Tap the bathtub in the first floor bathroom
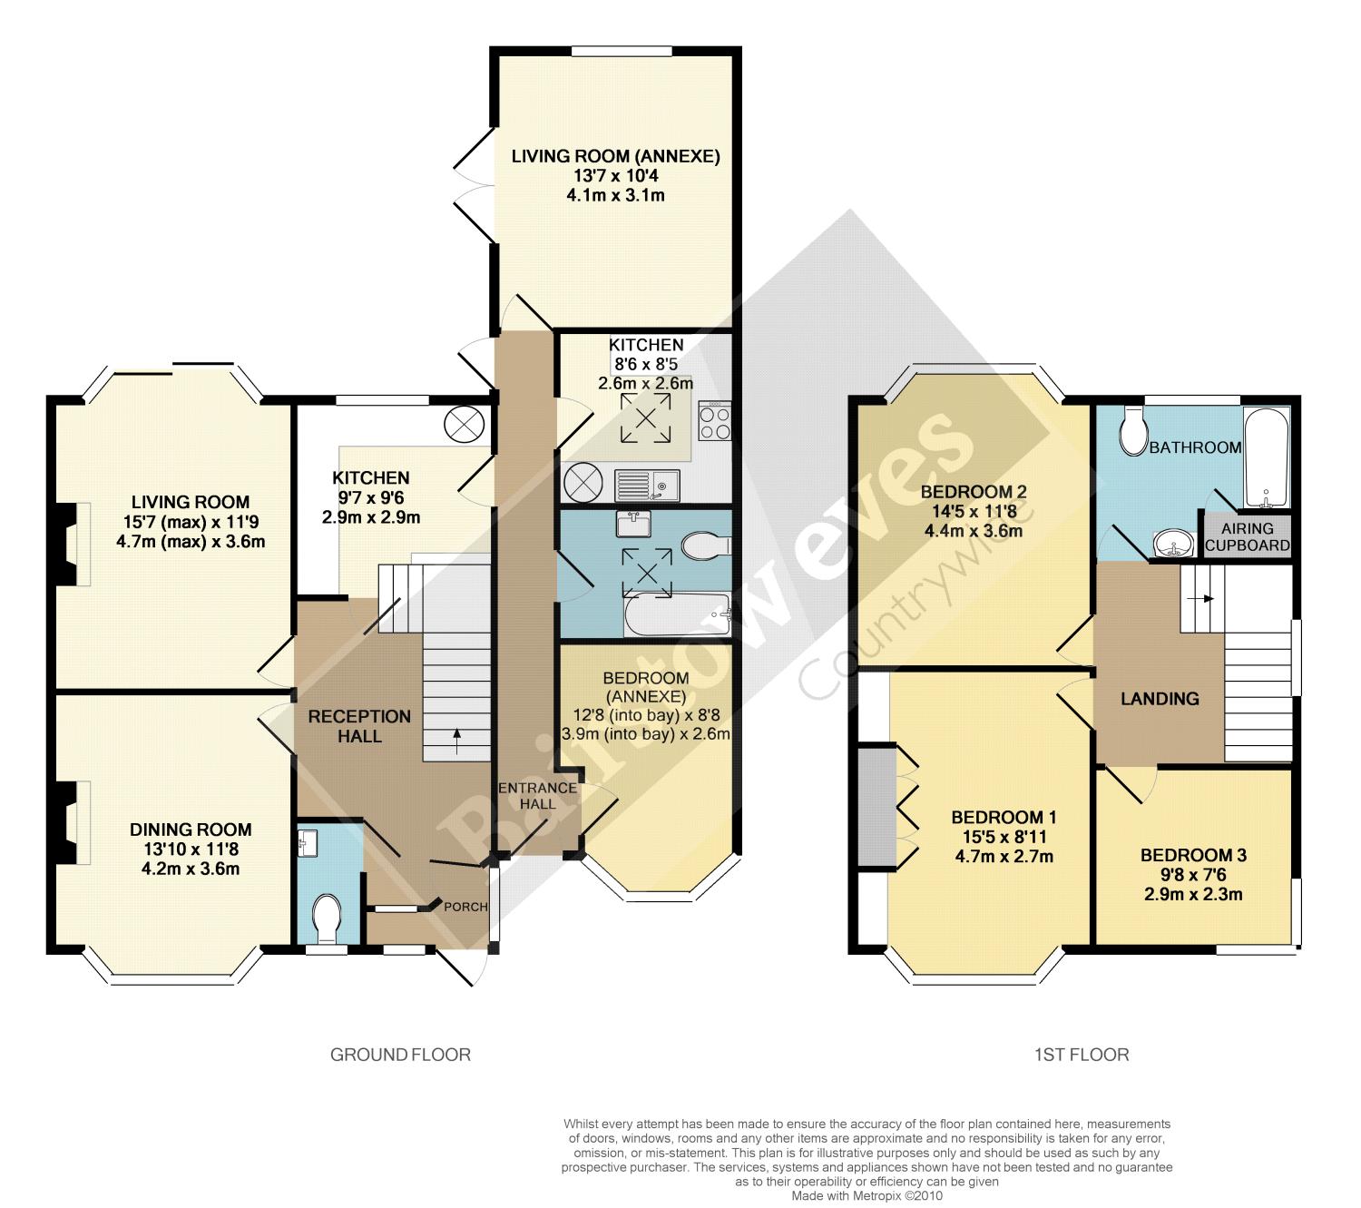pyautogui.click(x=1267, y=457)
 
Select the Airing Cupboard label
pyautogui.click(x=1247, y=536)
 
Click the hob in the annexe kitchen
pyautogui.click(x=715, y=421)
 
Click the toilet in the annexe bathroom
pyautogui.click(x=706, y=545)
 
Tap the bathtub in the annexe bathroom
pyautogui.click(x=677, y=614)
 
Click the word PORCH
pyautogui.click(x=465, y=907)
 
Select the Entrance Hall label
pyautogui.click(x=537, y=795)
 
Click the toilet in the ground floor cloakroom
pyautogui.click(x=328, y=917)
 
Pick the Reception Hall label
pyautogui.click(x=359, y=726)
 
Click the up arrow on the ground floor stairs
pyautogui.click(x=456, y=741)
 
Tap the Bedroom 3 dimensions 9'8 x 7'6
pyautogui.click(x=1193, y=874)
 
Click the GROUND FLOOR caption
pyautogui.click(x=400, y=1055)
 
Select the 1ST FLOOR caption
pyautogui.click(x=1082, y=1055)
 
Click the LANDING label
pyautogui.click(x=1160, y=699)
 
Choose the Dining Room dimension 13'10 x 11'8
pyautogui.click(x=191, y=850)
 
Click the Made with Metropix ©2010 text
pyautogui.click(x=867, y=1196)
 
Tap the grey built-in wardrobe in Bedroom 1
pyautogui.click(x=877, y=809)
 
